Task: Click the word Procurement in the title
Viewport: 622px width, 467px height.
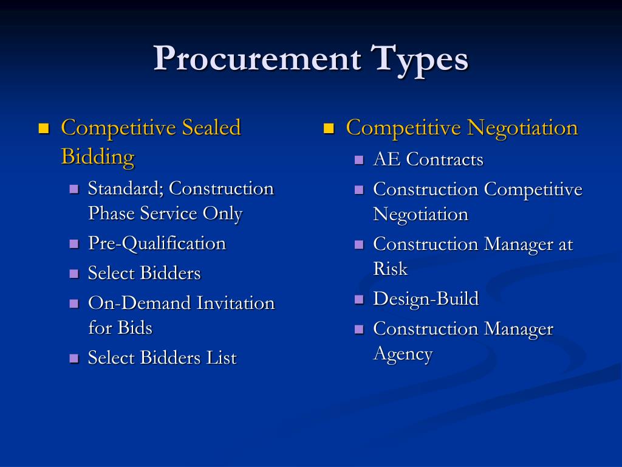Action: tap(258, 60)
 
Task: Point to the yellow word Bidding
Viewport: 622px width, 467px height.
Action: tap(97, 157)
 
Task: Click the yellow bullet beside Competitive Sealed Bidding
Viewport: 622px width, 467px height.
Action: tap(43, 128)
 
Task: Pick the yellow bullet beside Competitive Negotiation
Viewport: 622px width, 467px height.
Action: tap(329, 128)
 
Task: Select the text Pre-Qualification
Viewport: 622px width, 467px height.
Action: tap(157, 244)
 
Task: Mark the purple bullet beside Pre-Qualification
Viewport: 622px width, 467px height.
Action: tap(74, 244)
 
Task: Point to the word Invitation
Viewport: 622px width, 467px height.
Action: tap(236, 303)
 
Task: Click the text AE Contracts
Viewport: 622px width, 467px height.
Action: tap(428, 160)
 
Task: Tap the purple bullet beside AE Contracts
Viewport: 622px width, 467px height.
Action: tap(359, 160)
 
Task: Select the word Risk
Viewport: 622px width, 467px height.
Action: tap(390, 269)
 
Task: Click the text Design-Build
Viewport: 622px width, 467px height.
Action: tap(425, 299)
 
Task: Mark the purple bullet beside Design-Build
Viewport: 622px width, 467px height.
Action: tap(359, 299)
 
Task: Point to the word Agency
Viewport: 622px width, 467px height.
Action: tap(402, 354)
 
